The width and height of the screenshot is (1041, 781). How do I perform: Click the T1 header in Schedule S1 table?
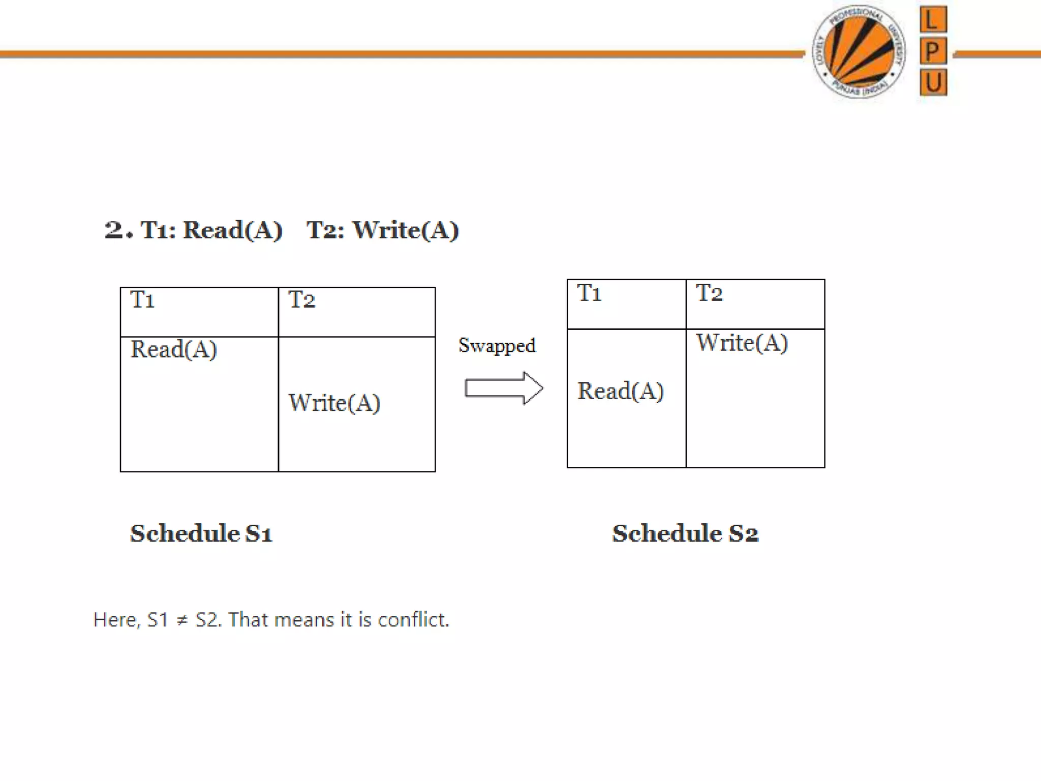click(142, 299)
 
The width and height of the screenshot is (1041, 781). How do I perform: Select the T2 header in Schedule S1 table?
click(301, 299)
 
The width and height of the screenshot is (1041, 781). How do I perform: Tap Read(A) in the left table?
click(174, 349)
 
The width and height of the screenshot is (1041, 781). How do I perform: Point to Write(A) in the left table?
click(334, 403)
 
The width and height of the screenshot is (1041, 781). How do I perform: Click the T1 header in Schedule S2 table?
click(589, 293)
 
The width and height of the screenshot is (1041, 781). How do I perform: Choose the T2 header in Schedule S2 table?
click(709, 293)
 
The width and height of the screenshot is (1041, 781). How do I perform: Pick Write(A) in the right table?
click(742, 343)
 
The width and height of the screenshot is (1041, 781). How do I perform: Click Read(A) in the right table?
click(621, 391)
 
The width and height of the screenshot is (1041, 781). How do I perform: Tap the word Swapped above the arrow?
click(497, 346)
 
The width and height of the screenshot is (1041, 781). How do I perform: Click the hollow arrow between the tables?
click(504, 388)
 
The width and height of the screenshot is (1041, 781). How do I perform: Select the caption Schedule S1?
click(201, 533)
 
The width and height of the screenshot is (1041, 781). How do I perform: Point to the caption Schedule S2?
click(685, 533)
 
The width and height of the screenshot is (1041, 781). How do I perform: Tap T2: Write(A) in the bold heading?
click(382, 230)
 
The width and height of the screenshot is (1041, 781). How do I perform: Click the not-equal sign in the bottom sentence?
click(182, 620)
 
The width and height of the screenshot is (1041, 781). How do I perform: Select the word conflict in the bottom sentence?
click(413, 620)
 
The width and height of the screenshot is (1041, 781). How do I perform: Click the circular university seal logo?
click(859, 52)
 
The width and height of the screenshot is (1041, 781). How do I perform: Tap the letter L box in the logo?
click(933, 20)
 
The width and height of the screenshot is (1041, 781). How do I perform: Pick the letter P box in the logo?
click(933, 51)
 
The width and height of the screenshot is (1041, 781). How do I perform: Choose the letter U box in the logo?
click(933, 82)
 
